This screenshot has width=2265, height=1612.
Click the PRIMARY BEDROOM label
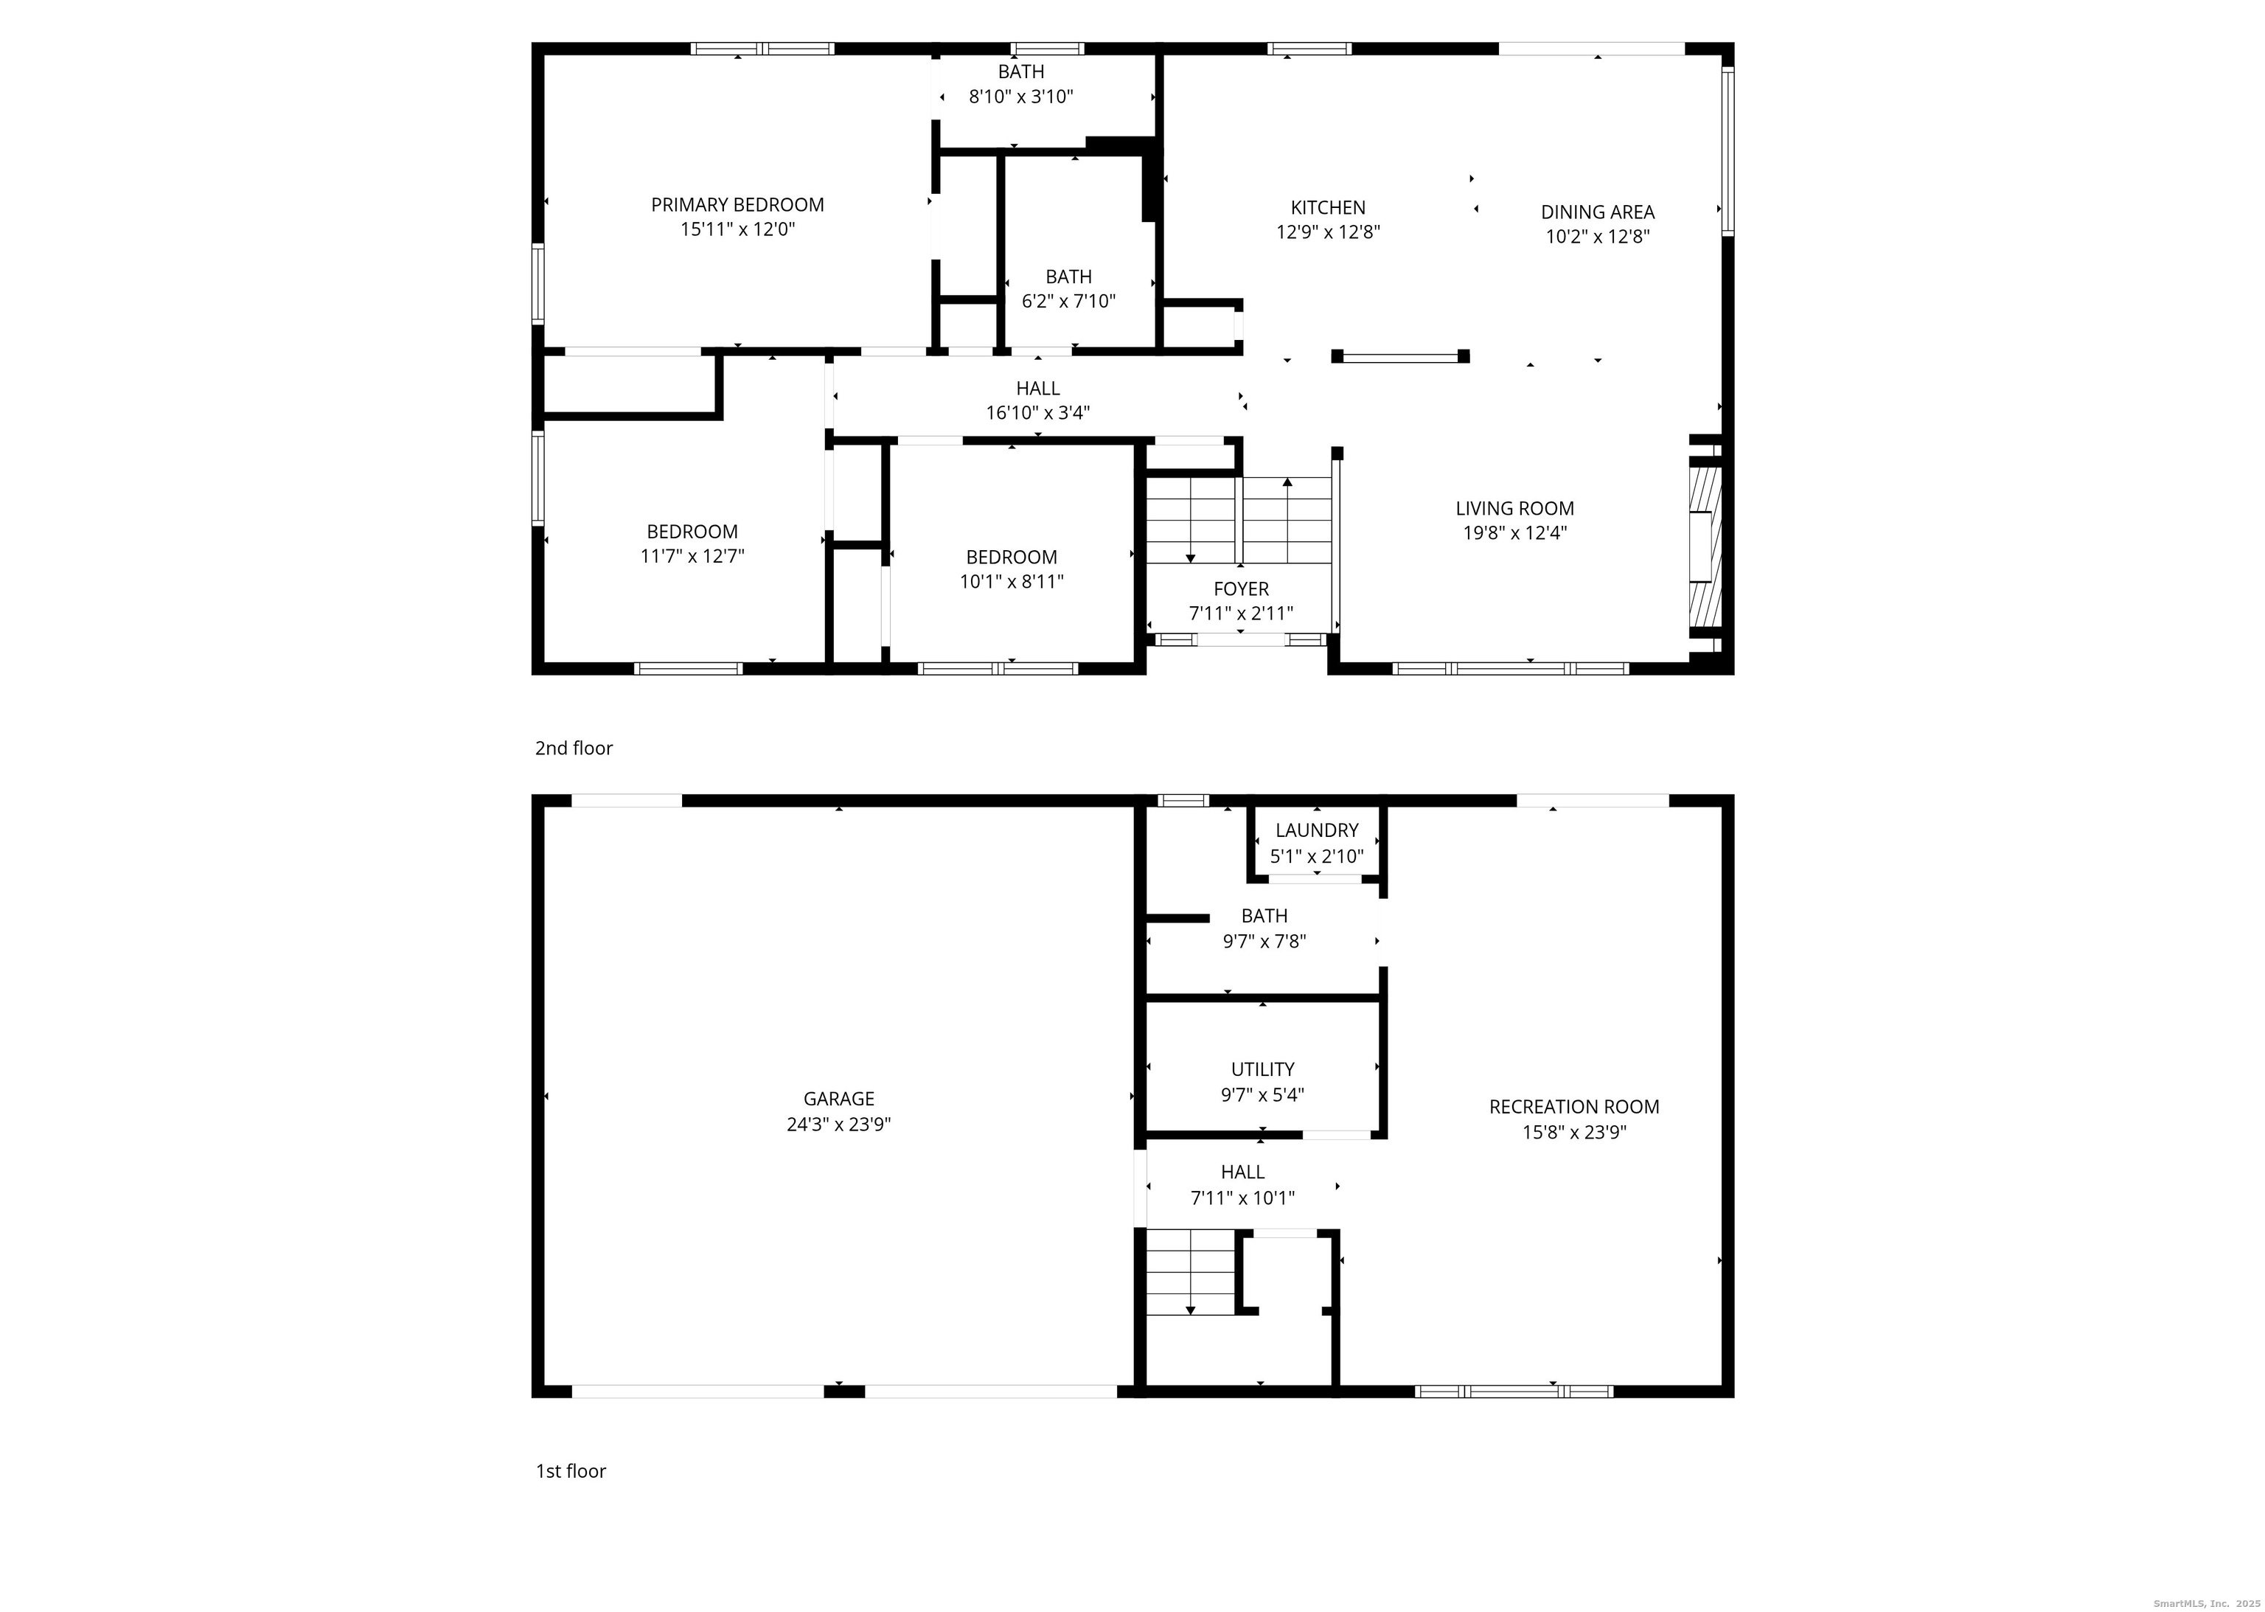[x=737, y=204]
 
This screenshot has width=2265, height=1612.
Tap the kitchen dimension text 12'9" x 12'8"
[x=1328, y=232]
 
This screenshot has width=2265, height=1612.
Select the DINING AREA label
[x=1597, y=212]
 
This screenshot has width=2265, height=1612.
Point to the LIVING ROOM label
[x=1514, y=508]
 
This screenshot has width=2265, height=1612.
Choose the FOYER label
[x=1241, y=588]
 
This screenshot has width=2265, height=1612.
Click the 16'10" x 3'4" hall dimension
[x=1037, y=413]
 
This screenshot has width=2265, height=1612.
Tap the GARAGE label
[x=839, y=1099]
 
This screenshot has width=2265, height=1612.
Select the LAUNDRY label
[x=1317, y=830]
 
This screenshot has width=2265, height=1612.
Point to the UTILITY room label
[x=1262, y=1069]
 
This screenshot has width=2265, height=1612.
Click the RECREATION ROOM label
[x=1574, y=1107]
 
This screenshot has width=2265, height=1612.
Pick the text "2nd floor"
[x=574, y=748]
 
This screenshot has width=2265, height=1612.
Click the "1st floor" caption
[x=571, y=1471]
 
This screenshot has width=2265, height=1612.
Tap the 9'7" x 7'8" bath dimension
[x=1264, y=941]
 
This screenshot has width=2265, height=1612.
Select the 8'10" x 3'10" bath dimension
[x=1021, y=97]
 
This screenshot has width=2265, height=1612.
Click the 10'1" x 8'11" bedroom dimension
[x=1012, y=582]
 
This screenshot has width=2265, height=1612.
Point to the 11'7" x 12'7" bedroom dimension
[x=692, y=556]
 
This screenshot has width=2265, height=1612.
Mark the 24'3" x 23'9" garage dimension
[x=839, y=1125]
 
